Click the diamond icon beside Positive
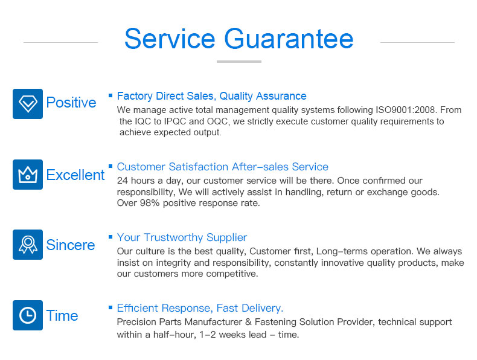(28, 104)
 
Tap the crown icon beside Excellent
(28, 175)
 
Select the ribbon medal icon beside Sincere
(28, 245)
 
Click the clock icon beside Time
(28, 315)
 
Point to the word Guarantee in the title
(289, 39)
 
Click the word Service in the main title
(170, 39)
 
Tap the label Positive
(71, 103)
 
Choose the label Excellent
(75, 175)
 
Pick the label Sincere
(71, 245)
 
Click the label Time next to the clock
(62, 316)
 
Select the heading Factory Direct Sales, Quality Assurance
(212, 96)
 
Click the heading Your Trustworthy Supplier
(182, 237)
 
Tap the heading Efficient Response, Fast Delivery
(200, 308)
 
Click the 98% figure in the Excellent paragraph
(150, 203)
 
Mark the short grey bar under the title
(239, 62)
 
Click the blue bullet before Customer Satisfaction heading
(110, 166)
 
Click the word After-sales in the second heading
(260, 167)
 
